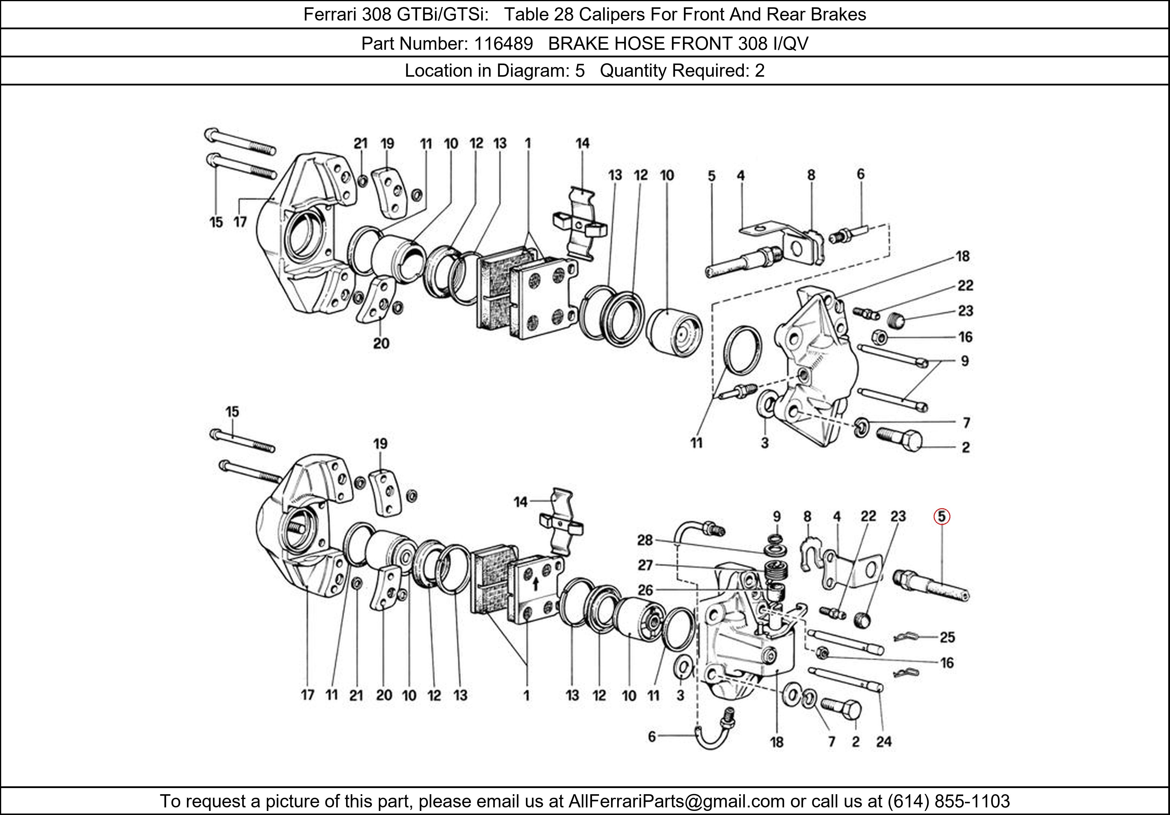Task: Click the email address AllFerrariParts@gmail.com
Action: click(676, 801)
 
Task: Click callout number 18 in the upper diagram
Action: click(962, 256)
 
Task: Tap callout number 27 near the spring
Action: click(645, 565)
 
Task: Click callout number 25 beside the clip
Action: click(947, 637)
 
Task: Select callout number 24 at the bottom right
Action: click(884, 742)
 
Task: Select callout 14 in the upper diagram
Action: click(582, 144)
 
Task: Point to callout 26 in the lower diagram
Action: click(645, 590)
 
